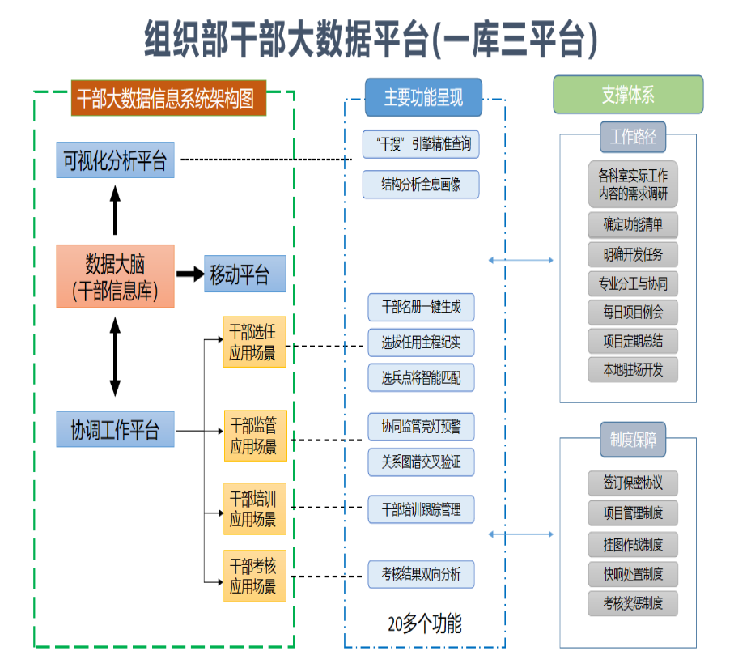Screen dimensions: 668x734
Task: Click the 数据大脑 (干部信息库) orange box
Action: coord(115,276)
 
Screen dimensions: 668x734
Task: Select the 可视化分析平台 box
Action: coord(115,160)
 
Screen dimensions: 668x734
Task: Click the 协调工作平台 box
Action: coord(115,429)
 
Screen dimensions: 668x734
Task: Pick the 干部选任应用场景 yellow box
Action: coord(254,342)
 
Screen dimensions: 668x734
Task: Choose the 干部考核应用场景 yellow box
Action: coord(254,576)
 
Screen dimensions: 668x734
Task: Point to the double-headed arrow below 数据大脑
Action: coord(115,356)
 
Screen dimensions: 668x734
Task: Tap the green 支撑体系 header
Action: coord(628,95)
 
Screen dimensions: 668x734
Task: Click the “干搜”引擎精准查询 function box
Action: coord(421,144)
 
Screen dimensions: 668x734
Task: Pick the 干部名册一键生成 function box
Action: coord(421,308)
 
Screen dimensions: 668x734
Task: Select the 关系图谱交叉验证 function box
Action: coord(421,462)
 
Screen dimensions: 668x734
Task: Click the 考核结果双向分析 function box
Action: coord(421,574)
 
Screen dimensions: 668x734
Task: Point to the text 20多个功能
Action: coord(424,623)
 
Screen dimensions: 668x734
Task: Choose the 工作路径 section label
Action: coord(632,138)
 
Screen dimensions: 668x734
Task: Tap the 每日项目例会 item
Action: coord(633,313)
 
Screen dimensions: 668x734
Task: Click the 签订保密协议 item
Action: coord(633,483)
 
